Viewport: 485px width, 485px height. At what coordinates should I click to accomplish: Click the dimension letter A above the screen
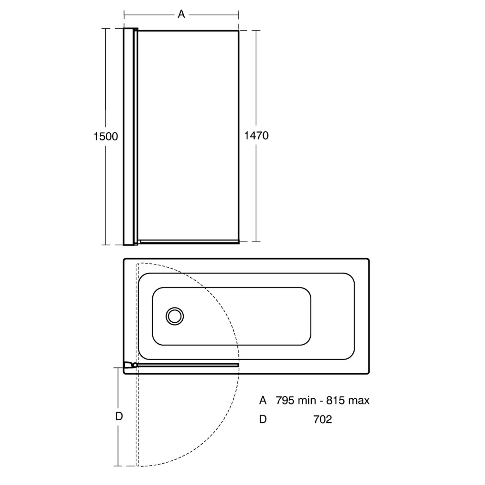[x=181, y=14]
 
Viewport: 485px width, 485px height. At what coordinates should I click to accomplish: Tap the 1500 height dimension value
[x=106, y=136]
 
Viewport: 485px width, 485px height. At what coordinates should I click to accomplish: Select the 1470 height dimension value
[x=256, y=135]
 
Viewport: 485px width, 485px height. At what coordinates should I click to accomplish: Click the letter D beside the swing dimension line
[x=119, y=416]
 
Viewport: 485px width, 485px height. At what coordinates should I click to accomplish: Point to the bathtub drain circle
[x=175, y=316]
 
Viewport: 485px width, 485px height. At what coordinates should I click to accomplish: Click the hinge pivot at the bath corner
[x=135, y=365]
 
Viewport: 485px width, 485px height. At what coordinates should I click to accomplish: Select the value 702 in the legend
[x=322, y=419]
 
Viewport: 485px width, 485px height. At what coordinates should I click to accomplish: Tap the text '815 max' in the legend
[x=348, y=401]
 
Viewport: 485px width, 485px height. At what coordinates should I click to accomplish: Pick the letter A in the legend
[x=263, y=401]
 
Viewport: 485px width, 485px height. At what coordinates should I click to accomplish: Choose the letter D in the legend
[x=263, y=419]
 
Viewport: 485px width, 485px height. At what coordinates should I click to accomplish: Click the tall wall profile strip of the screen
[x=128, y=136]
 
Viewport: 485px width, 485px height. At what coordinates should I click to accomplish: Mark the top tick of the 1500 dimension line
[x=106, y=28]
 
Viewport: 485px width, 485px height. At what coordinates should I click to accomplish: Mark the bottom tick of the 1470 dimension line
[x=256, y=241]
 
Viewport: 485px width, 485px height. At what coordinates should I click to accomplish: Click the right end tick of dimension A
[x=239, y=15]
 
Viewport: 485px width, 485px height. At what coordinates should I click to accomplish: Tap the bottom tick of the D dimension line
[x=118, y=466]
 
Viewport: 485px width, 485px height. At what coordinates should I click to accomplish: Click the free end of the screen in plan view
[x=238, y=365]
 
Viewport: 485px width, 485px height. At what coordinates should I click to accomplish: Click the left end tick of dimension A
[x=124, y=15]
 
